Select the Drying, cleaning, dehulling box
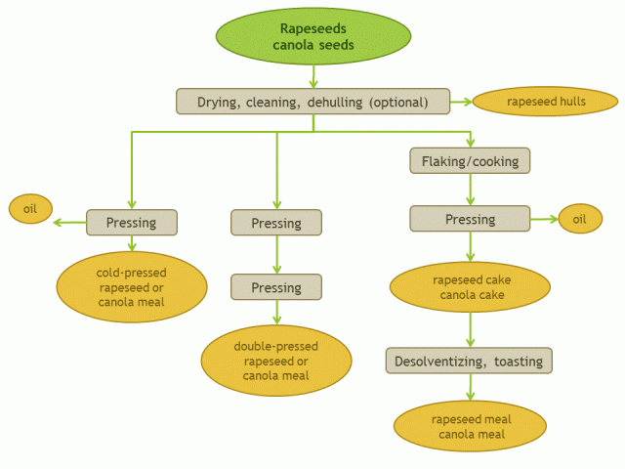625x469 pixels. [312, 102]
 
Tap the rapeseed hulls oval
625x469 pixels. [546, 102]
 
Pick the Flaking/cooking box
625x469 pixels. [470, 160]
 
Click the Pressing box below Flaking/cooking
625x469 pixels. [470, 220]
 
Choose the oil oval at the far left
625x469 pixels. [30, 208]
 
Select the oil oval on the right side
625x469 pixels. [580, 220]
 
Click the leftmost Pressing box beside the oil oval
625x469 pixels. [132, 223]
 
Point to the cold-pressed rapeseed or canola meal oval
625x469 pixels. [132, 287]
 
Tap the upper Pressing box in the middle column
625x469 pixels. [276, 224]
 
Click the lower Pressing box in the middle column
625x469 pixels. [276, 288]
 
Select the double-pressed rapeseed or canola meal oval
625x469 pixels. [276, 361]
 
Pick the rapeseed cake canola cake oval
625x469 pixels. [471, 286]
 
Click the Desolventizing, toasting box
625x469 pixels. [469, 362]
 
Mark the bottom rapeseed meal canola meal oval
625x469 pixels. [471, 427]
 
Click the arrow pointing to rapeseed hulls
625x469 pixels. [462, 102]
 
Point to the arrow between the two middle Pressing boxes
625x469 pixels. [276, 255]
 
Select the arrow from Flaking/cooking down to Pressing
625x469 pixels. [471, 190]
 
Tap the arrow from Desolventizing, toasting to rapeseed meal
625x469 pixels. [471, 387]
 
